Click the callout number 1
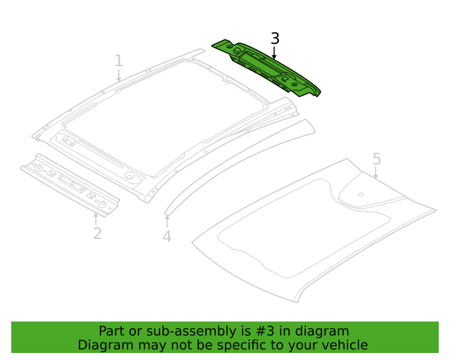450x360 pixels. pyautogui.click(x=119, y=61)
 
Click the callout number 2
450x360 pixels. pyautogui.click(x=97, y=233)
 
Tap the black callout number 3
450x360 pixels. pyautogui.click(x=275, y=39)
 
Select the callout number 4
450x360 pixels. pyautogui.click(x=167, y=237)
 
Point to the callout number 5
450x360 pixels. pyautogui.click(x=377, y=159)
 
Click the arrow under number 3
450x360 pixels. pyautogui.click(x=274, y=53)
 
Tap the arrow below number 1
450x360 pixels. pyautogui.click(x=119, y=76)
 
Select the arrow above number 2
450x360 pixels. pyautogui.click(x=96, y=218)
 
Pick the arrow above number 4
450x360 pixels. pyautogui.click(x=167, y=221)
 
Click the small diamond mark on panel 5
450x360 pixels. pyautogui.click(x=360, y=194)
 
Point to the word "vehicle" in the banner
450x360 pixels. pyautogui.click(x=343, y=345)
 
